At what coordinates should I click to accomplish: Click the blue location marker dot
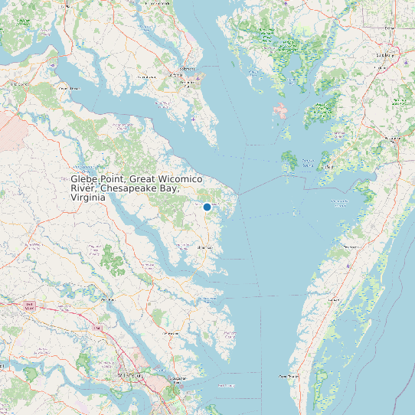[x=207, y=207]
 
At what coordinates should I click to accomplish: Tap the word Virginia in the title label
[x=88, y=197]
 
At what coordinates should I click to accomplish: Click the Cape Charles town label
[x=287, y=377]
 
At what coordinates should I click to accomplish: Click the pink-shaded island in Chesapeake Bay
[x=281, y=111]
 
